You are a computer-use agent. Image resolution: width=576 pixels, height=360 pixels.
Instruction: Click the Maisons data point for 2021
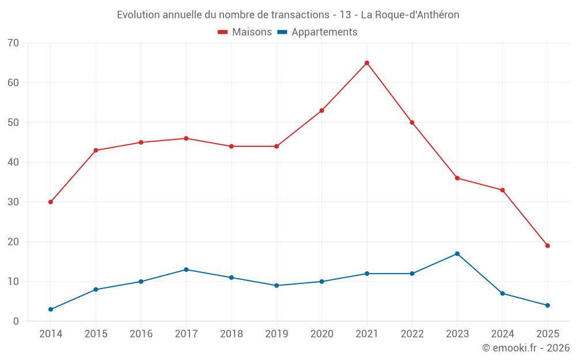tap(367, 63)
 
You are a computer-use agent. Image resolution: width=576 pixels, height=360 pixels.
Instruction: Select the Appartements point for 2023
tap(457, 253)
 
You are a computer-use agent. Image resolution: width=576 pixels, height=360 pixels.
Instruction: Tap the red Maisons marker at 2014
tap(51, 202)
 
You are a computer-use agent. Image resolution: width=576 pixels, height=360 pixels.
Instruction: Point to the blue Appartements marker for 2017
tap(186, 270)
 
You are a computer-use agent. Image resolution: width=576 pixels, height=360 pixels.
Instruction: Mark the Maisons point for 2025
tap(548, 246)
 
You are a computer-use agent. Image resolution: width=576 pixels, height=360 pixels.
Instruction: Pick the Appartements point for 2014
tap(51, 309)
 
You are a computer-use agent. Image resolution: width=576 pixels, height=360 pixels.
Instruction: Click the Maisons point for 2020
tap(321, 111)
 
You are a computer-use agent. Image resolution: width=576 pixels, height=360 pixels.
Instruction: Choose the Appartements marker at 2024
tap(502, 293)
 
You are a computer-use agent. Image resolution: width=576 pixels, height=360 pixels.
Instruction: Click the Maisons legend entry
tap(245, 32)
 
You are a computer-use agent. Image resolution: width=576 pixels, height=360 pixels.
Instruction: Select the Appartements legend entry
tap(317, 32)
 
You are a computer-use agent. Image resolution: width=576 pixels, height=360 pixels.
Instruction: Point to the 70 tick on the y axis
tap(13, 43)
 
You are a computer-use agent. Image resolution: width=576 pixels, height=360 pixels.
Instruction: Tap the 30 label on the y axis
tap(13, 202)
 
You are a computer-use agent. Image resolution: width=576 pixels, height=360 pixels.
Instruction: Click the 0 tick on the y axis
tap(16, 321)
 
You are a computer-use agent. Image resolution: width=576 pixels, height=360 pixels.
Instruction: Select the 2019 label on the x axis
tap(276, 334)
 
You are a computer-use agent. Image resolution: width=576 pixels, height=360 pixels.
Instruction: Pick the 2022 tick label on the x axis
tap(412, 334)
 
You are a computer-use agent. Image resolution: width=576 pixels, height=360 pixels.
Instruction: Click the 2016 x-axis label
tap(141, 334)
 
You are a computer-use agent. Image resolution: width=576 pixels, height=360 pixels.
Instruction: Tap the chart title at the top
tap(288, 15)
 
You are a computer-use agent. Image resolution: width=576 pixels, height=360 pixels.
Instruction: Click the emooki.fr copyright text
tap(526, 348)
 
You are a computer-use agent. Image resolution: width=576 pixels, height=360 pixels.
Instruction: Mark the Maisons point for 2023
tap(457, 178)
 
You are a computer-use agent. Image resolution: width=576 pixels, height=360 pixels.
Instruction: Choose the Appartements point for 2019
tap(276, 285)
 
